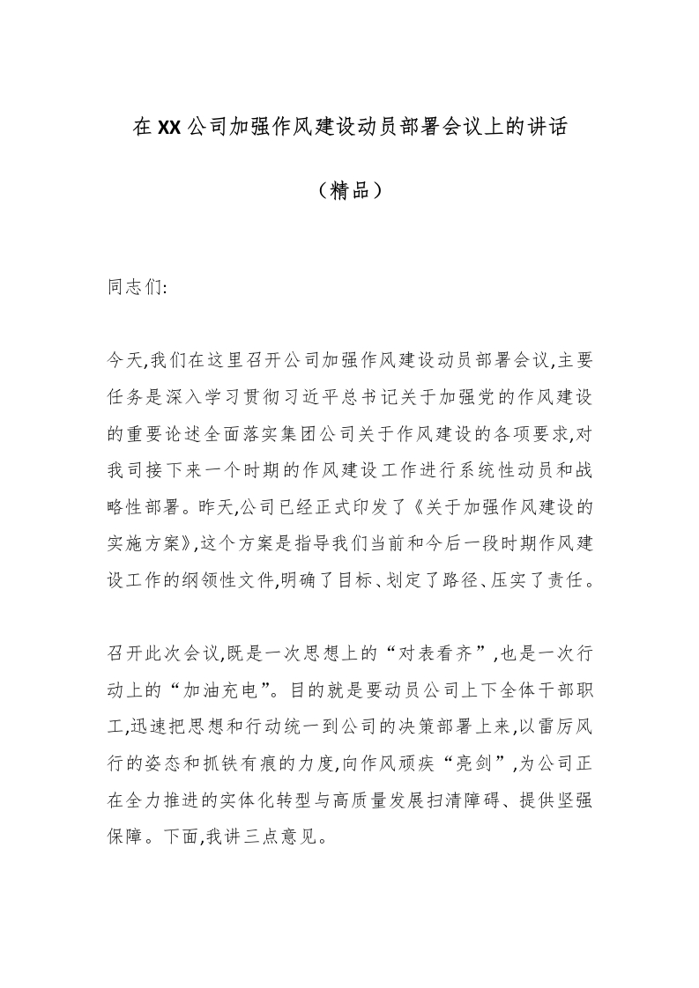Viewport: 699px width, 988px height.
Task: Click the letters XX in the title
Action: tap(169, 128)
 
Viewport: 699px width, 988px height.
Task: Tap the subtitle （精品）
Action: tap(349, 190)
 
